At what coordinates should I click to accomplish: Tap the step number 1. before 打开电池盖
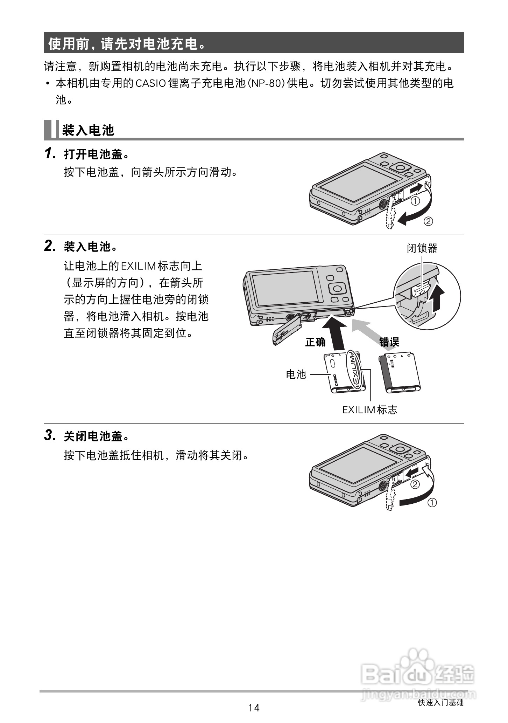point(50,154)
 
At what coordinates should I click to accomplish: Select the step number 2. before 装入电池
point(50,246)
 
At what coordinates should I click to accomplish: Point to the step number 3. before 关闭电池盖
point(50,436)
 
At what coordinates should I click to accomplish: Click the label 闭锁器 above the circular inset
point(422,248)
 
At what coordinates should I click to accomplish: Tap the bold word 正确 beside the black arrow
point(315,342)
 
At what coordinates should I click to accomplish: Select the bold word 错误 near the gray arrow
point(389,342)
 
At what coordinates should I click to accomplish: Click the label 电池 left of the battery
point(296,374)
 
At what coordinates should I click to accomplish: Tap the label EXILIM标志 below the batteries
point(369,409)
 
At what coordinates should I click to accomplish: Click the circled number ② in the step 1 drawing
point(428,221)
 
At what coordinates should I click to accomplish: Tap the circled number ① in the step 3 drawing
point(432,503)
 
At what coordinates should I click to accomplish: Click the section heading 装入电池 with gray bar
point(88,130)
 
